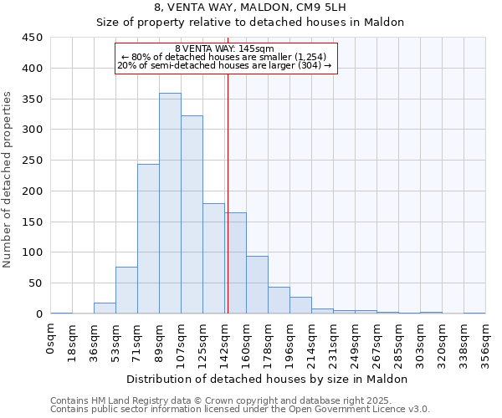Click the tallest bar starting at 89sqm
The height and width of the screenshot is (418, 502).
click(170, 203)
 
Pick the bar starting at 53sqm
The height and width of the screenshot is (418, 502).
click(126, 290)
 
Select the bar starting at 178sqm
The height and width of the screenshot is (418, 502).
click(279, 300)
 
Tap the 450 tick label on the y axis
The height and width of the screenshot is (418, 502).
click(33, 38)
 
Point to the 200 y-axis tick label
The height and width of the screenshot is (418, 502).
click(33, 191)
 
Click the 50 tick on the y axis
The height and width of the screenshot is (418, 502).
click(36, 283)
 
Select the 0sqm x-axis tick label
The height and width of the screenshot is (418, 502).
click(51, 339)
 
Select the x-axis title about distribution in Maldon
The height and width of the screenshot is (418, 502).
click(267, 379)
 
